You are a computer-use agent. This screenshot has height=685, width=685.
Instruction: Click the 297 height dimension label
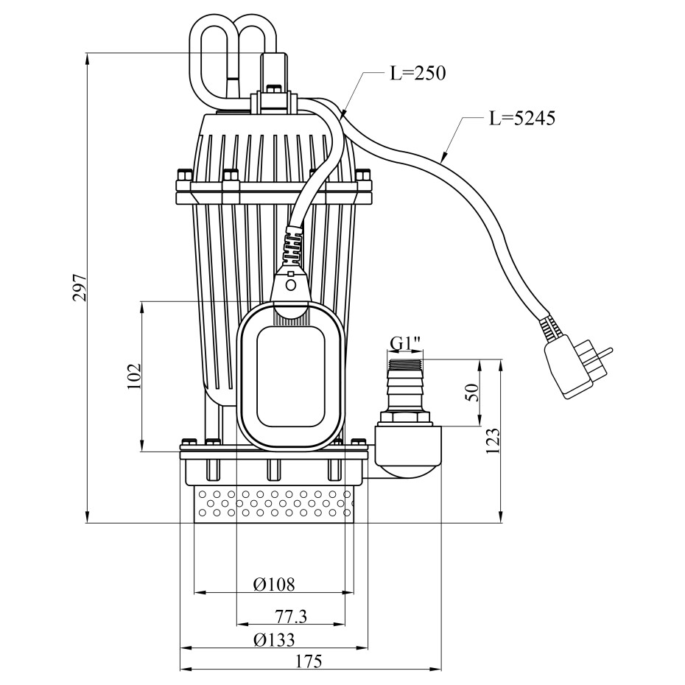point(80,287)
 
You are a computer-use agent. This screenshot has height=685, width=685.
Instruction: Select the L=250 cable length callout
point(418,74)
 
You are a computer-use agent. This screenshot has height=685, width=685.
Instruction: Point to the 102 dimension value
point(133,376)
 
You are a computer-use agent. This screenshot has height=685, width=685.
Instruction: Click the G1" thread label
point(405,344)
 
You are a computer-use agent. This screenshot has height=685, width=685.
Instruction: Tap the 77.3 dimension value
point(290,616)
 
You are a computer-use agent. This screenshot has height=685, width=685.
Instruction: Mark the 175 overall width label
point(310,661)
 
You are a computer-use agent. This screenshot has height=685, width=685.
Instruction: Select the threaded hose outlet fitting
point(404,383)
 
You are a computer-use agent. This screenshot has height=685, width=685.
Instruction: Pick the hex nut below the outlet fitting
point(405,418)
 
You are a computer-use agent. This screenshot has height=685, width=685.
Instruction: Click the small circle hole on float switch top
point(290,284)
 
